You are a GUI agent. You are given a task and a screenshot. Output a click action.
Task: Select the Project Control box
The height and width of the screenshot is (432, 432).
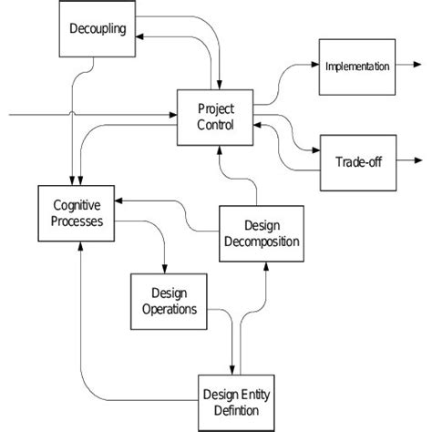click(216, 117)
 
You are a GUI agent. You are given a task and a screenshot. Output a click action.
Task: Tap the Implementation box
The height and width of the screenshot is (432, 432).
click(357, 66)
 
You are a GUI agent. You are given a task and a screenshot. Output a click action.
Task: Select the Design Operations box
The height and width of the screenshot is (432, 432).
click(169, 301)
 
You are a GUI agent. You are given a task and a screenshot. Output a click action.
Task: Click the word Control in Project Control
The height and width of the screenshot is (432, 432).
click(216, 124)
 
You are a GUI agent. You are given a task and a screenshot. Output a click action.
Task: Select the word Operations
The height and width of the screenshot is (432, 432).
click(169, 309)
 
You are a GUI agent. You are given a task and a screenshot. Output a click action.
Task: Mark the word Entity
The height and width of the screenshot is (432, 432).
click(250, 395)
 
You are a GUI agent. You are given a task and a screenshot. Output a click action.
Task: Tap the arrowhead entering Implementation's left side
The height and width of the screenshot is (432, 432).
click(314, 66)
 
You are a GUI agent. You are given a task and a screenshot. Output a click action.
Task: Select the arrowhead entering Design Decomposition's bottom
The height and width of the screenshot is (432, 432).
click(266, 263)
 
